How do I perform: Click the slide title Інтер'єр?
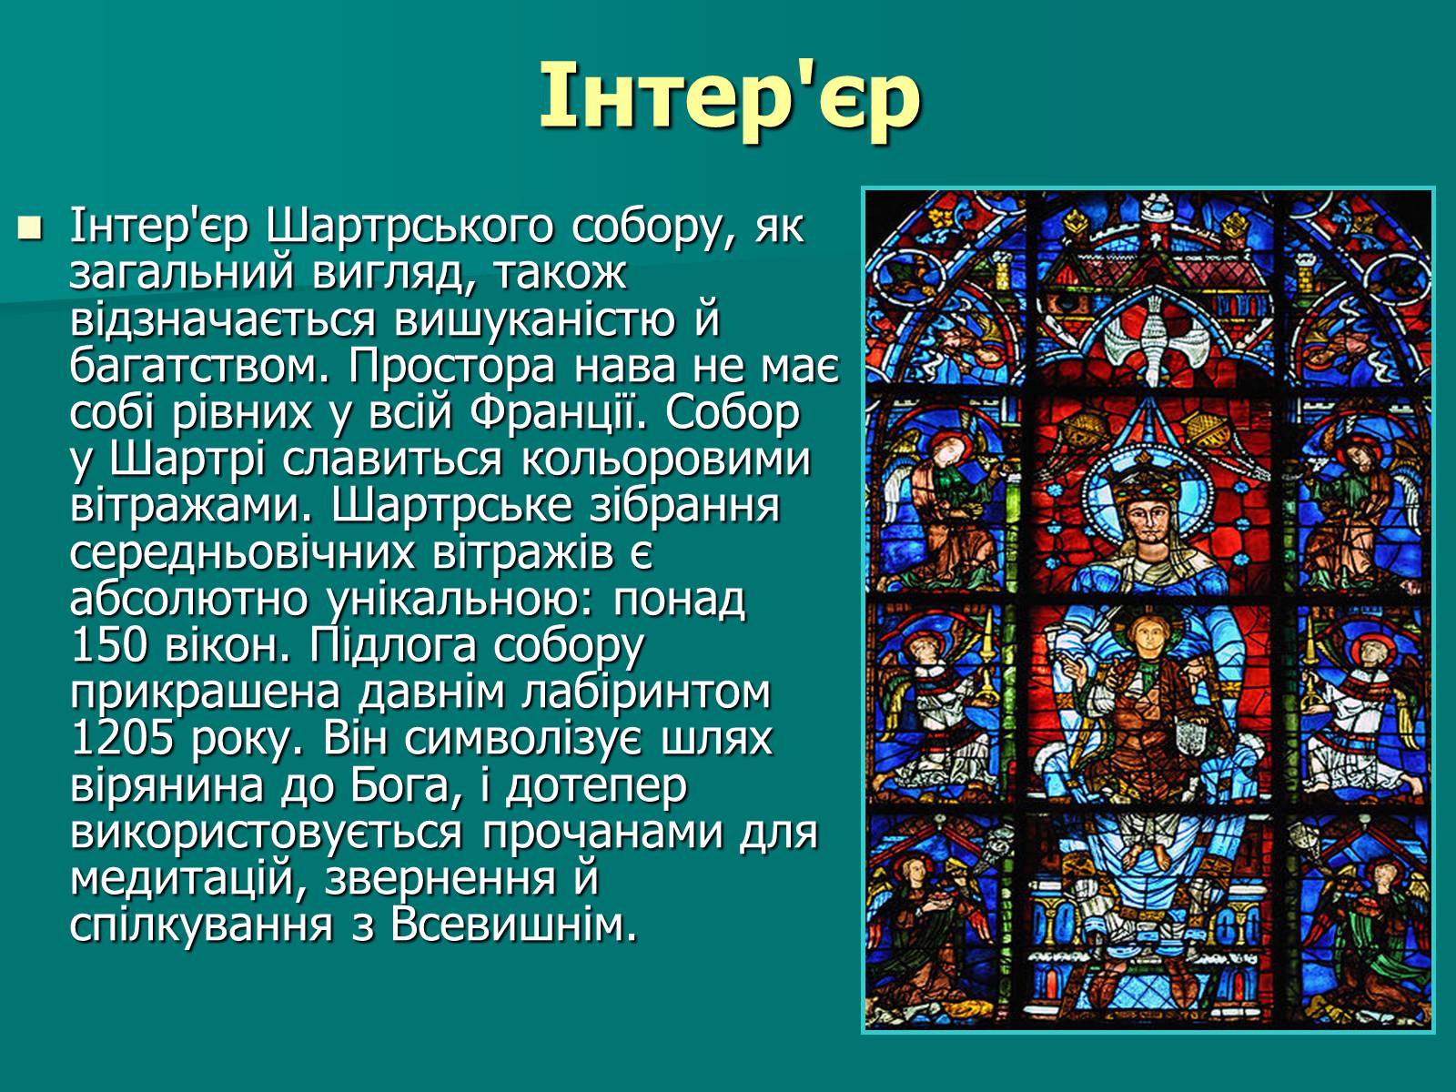[729, 98]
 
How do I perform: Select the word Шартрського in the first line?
[409, 227]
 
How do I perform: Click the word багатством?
[201, 367]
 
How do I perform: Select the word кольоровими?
[666, 460]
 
